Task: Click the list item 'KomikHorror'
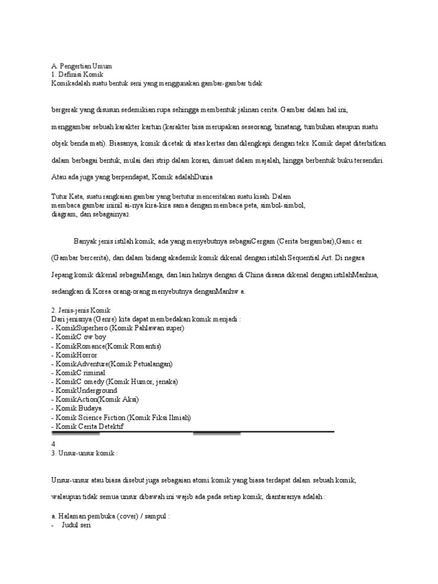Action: pos(76,355)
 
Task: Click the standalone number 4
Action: pos(53,443)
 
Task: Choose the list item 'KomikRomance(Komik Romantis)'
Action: pos(106,346)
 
